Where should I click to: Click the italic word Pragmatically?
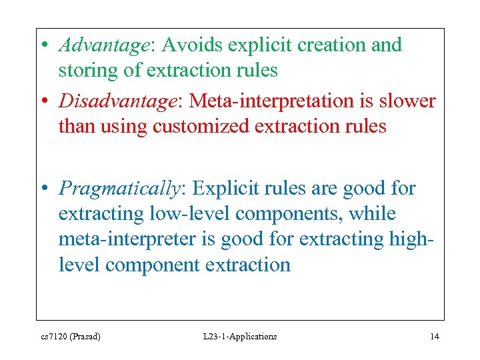pyautogui.click(x=119, y=189)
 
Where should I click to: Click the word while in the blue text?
pyautogui.click(x=373, y=214)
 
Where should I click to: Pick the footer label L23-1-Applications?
pyautogui.click(x=239, y=337)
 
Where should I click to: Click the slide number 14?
pyautogui.click(x=434, y=337)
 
